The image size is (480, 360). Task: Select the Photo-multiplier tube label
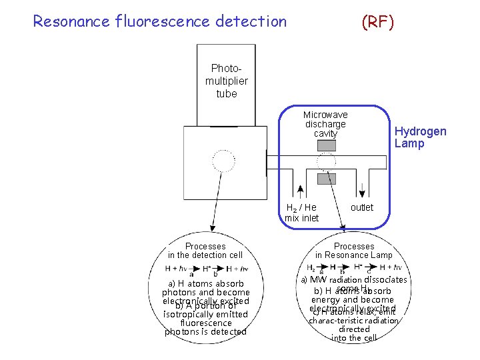(x=226, y=81)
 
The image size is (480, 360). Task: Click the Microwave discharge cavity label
(x=325, y=124)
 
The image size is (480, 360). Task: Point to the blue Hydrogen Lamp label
(x=420, y=137)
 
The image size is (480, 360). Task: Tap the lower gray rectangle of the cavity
(x=326, y=179)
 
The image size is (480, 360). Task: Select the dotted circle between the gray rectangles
(x=327, y=162)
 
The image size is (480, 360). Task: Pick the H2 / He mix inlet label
(x=301, y=213)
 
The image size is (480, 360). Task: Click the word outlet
(x=362, y=207)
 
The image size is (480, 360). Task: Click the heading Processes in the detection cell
(x=205, y=251)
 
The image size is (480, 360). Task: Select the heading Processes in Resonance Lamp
(x=354, y=251)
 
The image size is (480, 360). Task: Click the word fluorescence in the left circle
(x=205, y=323)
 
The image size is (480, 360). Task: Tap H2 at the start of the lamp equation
(x=311, y=268)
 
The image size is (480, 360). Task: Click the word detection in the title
(x=251, y=21)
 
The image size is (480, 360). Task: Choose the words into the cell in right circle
(x=354, y=338)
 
